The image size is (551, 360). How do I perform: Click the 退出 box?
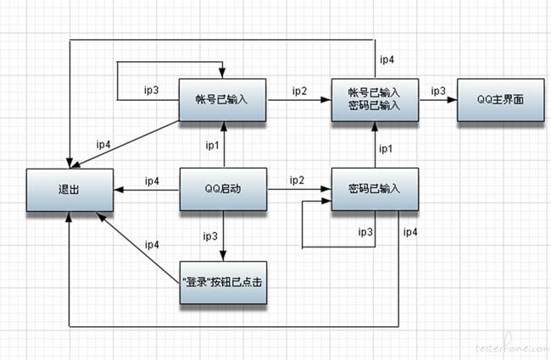coord(67,190)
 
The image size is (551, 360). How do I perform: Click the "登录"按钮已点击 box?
coord(224,283)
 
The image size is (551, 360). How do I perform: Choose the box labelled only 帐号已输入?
coord(224,99)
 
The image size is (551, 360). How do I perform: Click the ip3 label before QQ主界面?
coord(438,90)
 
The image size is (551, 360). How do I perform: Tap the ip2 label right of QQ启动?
coord(297,180)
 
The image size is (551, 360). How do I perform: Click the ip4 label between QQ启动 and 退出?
coord(152,180)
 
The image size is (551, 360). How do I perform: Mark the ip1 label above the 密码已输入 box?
coord(386,148)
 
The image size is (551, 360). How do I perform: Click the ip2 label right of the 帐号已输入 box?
coord(299,90)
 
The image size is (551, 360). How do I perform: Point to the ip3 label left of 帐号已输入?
coord(152,90)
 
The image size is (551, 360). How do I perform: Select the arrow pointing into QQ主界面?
coord(437,99)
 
